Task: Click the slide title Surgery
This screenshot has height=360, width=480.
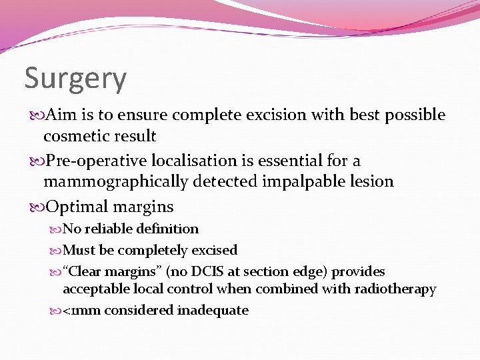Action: [x=75, y=79]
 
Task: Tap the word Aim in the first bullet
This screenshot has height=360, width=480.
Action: [x=59, y=115]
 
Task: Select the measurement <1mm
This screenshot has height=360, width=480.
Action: [x=81, y=310]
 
